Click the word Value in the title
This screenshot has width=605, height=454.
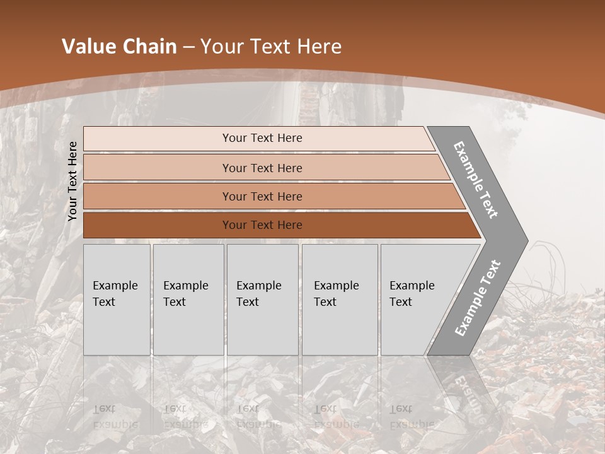tap(86, 47)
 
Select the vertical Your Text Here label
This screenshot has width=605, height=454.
tap(72, 181)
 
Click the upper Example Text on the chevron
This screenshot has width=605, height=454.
tap(476, 180)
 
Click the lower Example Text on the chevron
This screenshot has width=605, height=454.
tap(477, 298)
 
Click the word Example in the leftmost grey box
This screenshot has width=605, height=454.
tap(115, 286)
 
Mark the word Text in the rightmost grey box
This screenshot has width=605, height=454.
tap(401, 302)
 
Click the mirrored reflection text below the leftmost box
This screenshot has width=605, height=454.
tap(115, 416)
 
